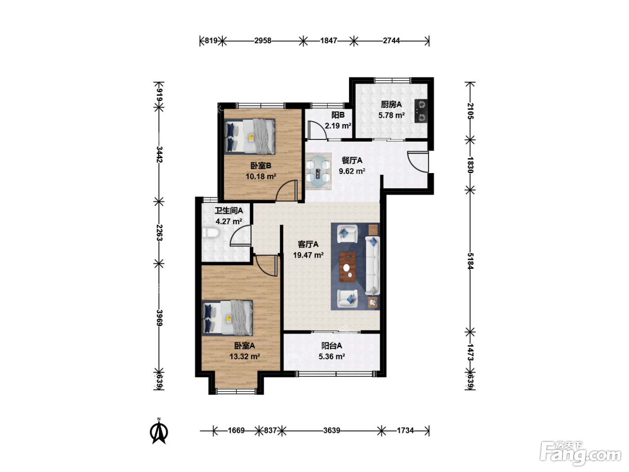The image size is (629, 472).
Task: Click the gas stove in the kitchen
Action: (x=421, y=111)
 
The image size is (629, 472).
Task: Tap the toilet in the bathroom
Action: (x=211, y=232)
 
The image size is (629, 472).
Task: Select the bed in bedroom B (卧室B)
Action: (x=250, y=136)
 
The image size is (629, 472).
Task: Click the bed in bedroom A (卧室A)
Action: (x=227, y=318)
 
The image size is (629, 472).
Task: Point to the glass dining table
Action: (x=318, y=171)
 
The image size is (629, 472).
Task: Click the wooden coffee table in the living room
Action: (x=348, y=267)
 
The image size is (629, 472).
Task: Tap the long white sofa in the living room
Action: (x=372, y=266)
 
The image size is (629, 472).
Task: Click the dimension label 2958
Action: (x=263, y=41)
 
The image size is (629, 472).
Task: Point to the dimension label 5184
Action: (x=470, y=261)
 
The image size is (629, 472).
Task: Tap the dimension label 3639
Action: (x=332, y=431)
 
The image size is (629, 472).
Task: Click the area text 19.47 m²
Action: (x=308, y=255)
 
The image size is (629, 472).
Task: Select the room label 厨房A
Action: (x=391, y=105)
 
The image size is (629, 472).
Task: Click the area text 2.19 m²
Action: (x=338, y=126)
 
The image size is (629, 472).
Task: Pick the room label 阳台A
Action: (x=332, y=346)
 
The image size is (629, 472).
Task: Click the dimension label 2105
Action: (x=470, y=111)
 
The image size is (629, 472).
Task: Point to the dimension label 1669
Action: (x=236, y=431)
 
